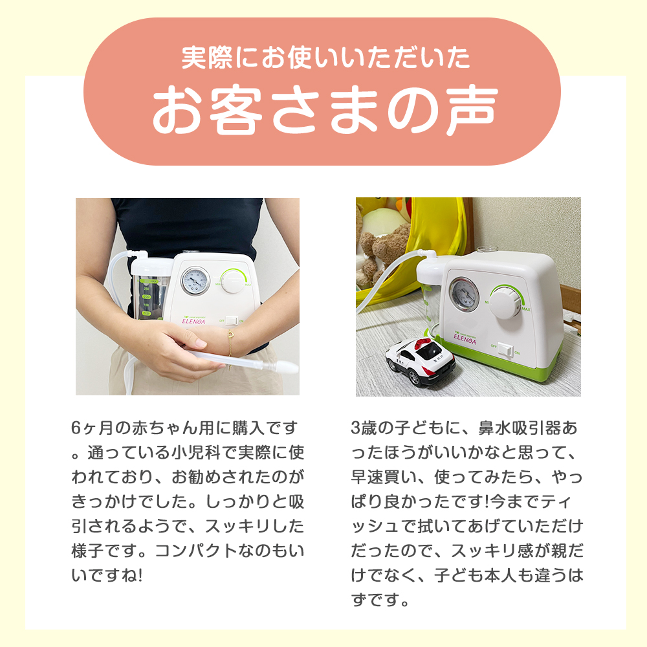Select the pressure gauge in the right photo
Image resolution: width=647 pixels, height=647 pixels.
point(463,294)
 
